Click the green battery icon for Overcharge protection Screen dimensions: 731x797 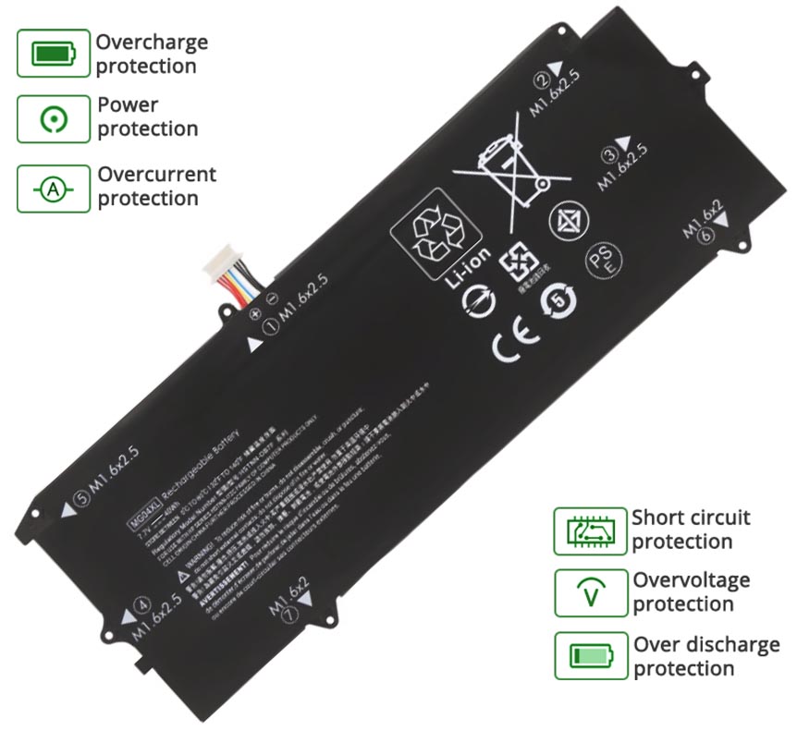point(53,54)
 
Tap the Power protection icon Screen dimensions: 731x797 point(53,118)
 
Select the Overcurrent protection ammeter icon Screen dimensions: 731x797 point(53,189)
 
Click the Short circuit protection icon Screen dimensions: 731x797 point(590,530)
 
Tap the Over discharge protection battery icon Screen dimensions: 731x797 point(590,656)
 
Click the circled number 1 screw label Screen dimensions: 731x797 point(273,325)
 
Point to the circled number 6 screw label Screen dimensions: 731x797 point(707,236)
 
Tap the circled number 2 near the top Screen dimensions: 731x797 point(544,79)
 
